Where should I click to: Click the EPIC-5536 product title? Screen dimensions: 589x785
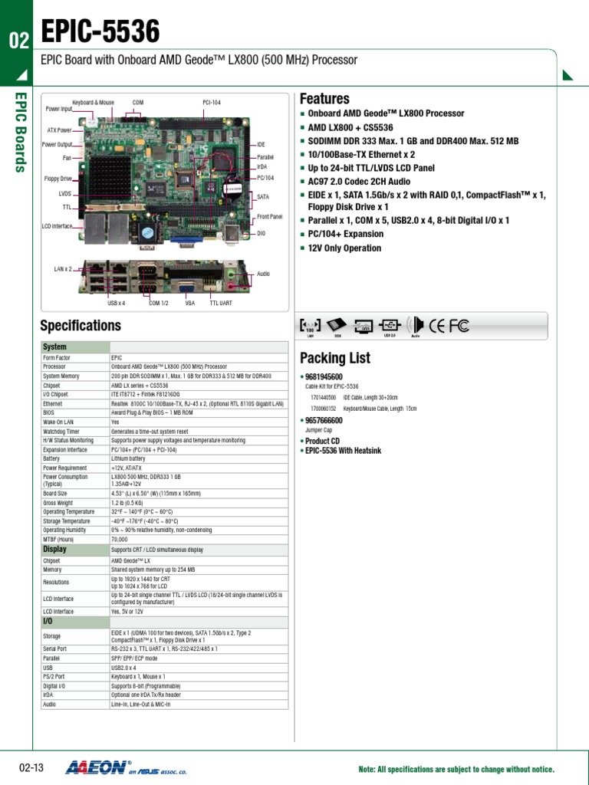pos(100,32)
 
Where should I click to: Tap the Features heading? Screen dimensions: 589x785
pos(324,99)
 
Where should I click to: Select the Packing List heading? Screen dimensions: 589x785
pos(334,358)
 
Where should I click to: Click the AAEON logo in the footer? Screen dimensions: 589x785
pos(98,767)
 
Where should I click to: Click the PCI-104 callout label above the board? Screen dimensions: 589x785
pos(212,102)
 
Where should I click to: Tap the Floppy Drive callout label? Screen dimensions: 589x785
pos(56,179)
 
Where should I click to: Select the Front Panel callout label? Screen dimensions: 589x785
pos(269,217)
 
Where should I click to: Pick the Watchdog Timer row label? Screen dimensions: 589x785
pos(61,432)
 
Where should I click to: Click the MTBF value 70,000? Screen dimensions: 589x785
pos(120,539)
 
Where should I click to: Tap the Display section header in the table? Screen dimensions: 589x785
pos(54,550)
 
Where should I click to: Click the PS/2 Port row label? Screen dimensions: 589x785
pos(54,677)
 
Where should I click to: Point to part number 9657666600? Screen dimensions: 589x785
pos(324,421)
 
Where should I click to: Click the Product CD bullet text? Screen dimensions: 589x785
pos(322,441)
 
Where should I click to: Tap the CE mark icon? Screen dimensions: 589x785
pos(436,326)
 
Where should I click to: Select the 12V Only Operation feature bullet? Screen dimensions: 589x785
pos(344,248)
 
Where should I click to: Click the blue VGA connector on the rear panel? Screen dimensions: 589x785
pos(184,287)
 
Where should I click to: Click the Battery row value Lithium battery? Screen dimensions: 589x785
pos(128,458)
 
